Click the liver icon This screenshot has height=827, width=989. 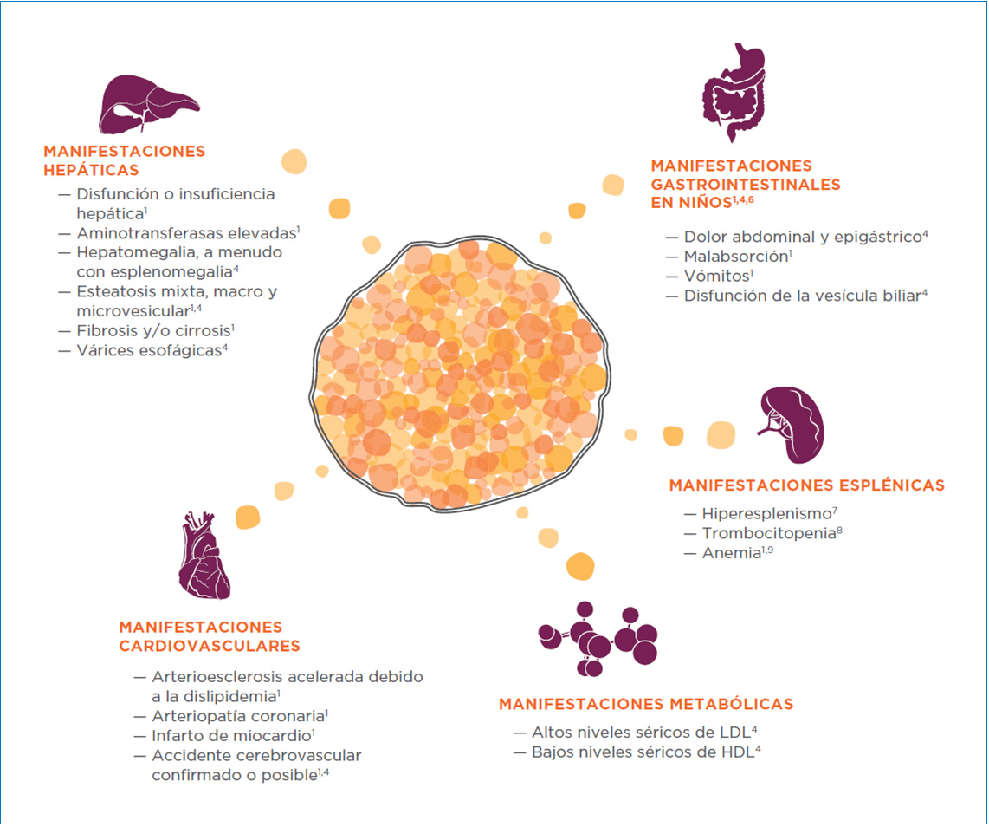pos(149,104)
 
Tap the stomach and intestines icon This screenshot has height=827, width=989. pos(734,92)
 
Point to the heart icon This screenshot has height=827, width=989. pos(204,556)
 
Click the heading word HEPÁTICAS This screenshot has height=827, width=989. pos(92,170)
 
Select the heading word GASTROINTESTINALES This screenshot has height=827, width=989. pos(746,185)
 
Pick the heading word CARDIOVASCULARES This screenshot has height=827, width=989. pos(210,646)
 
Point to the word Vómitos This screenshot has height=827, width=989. pos(716,276)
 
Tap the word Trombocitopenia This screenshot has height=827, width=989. pos(769,533)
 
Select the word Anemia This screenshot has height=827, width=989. pos(732,553)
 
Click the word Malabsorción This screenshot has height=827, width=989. pos(736,257)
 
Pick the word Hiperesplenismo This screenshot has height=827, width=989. pos(766,513)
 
